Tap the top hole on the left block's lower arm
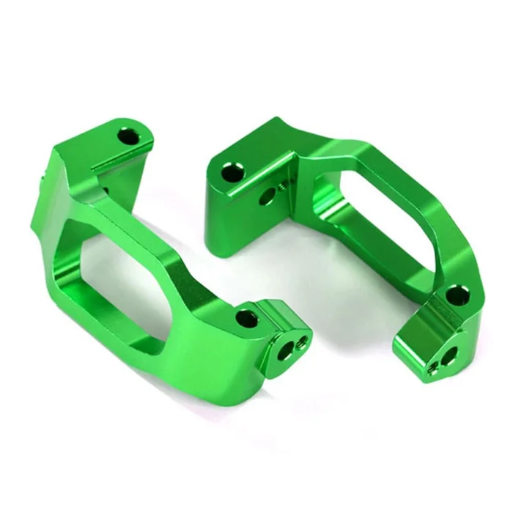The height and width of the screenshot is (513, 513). coord(248,319)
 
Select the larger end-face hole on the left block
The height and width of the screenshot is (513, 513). coord(285,351)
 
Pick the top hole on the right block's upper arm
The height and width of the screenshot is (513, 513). coord(233,173)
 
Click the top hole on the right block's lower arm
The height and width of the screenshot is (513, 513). coord(455,295)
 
